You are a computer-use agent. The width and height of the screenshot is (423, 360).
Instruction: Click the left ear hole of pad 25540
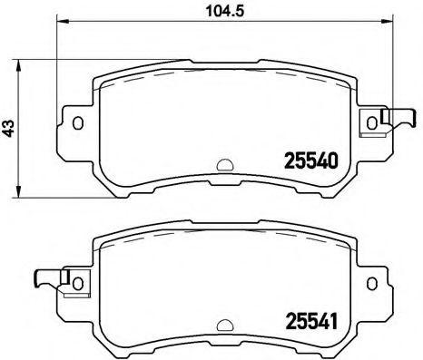(x=77, y=122)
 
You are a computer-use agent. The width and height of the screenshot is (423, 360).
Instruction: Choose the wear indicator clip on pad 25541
(x=50, y=280)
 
